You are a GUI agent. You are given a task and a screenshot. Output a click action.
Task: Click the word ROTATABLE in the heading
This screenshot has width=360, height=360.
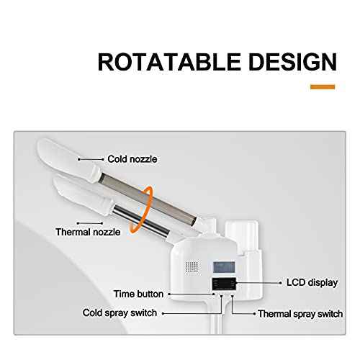pyautogui.click(x=169, y=62)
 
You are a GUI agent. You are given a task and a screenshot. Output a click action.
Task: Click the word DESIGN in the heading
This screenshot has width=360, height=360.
pyautogui.click(x=293, y=62)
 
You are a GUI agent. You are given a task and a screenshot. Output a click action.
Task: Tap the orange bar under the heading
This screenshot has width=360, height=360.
pyautogui.click(x=323, y=87)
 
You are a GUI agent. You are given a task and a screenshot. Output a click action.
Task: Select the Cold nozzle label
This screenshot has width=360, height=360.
pyautogui.click(x=132, y=159)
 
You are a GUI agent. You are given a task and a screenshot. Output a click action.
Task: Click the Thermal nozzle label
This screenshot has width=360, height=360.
pyautogui.click(x=88, y=232)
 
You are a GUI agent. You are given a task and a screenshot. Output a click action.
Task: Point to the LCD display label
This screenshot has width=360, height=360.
pyautogui.click(x=312, y=282)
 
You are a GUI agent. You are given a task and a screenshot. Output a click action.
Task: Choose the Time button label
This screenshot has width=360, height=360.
pyautogui.click(x=138, y=294)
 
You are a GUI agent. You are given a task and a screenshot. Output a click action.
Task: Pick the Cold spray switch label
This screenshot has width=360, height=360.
pyautogui.click(x=120, y=313)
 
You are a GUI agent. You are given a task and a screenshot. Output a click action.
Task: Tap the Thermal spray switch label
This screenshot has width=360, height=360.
pyautogui.click(x=300, y=314)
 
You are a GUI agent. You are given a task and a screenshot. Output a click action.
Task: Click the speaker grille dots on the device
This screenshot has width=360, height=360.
pyautogui.click(x=192, y=267)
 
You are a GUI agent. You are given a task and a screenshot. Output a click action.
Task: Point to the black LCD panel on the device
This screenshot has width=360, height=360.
pyautogui.click(x=224, y=284)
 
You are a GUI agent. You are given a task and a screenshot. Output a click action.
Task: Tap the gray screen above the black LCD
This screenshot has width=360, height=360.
pyautogui.click(x=224, y=267)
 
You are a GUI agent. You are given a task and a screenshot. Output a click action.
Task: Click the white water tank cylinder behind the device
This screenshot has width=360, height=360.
pyautogui.click(x=241, y=235)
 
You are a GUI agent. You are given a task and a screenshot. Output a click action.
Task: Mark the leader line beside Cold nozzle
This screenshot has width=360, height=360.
pyautogui.click(x=91, y=159)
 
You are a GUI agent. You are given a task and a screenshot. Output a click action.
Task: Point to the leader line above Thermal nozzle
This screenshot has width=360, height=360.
pyautogui.click(x=90, y=223)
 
